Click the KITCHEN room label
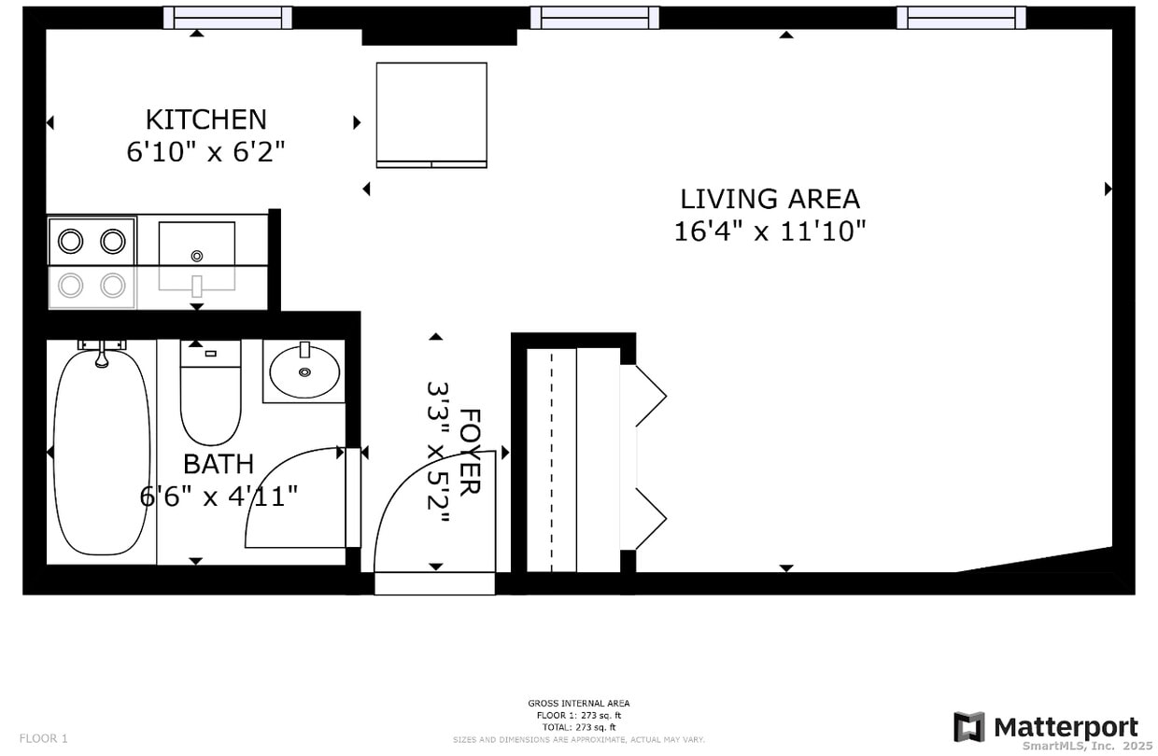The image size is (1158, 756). pyautogui.click(x=205, y=119)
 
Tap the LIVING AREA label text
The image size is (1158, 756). pyautogui.click(x=770, y=199)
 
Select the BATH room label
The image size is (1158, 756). pyautogui.click(x=218, y=464)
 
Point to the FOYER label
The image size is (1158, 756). pyautogui.click(x=470, y=452)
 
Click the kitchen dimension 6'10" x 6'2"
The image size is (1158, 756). pyautogui.click(x=205, y=152)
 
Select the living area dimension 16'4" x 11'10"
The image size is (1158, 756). pyautogui.click(x=770, y=231)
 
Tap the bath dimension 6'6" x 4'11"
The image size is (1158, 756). pyautogui.click(x=219, y=496)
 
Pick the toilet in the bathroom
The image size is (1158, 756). pyautogui.click(x=210, y=397)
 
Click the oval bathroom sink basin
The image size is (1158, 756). pyautogui.click(x=304, y=371)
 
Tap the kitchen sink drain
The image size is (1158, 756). pyautogui.click(x=196, y=256)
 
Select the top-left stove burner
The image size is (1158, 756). pyautogui.click(x=71, y=242)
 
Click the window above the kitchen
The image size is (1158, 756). pyautogui.click(x=228, y=18)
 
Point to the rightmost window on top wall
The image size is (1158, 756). pyautogui.click(x=961, y=18)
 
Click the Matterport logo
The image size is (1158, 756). pyautogui.click(x=1046, y=727)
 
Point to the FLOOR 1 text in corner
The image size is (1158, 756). pyautogui.click(x=43, y=738)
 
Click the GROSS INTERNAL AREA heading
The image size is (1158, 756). pyautogui.click(x=578, y=703)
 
